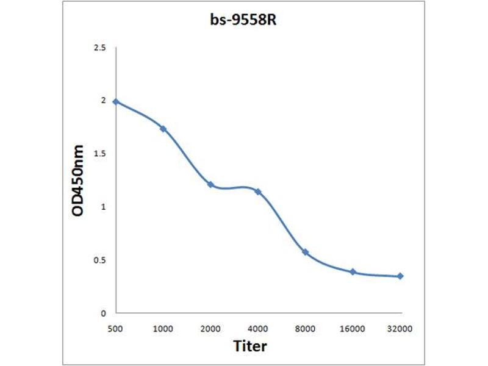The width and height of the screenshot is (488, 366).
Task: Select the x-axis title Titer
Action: coord(250,346)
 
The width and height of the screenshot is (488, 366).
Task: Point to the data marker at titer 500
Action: coord(115,101)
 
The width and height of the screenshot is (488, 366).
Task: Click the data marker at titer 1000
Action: coord(163,129)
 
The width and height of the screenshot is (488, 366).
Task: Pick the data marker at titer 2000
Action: coord(210,184)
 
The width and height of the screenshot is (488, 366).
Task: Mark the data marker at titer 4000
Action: coord(258,192)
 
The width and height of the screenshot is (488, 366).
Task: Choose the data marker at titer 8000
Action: coord(305,252)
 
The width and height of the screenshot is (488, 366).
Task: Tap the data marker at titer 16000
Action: coord(353,271)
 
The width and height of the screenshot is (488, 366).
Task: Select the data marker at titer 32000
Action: coord(400,276)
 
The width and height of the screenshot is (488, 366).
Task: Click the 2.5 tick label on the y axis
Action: coord(99,48)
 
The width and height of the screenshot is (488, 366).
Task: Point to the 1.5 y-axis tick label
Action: coord(99,154)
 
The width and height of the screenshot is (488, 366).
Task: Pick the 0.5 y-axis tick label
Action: coord(99,260)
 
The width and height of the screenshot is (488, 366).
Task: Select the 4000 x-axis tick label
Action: coord(258,329)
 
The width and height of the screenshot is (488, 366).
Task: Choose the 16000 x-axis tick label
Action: coord(353,329)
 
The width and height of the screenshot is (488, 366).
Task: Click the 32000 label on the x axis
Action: coord(400,329)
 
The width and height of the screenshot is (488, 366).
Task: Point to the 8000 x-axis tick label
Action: coord(305,329)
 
